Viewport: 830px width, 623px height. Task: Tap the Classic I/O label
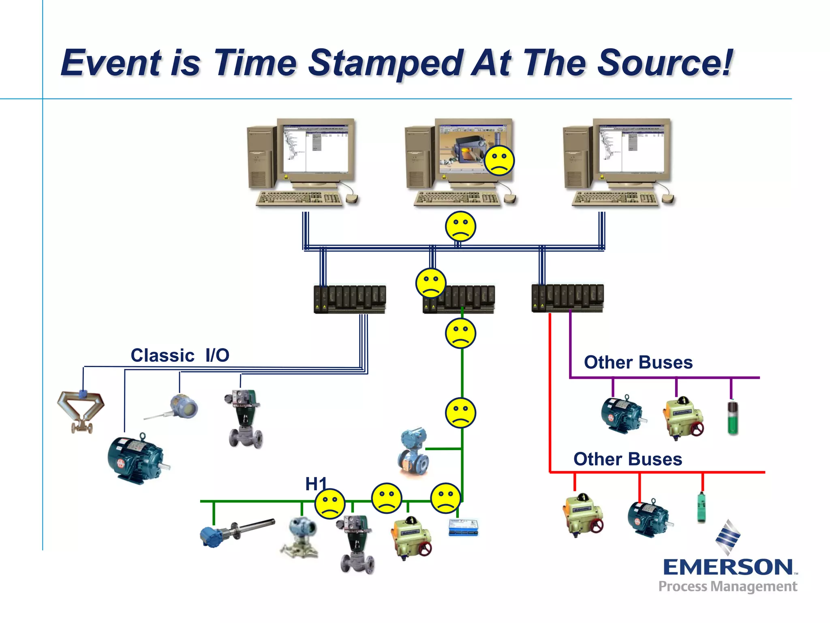(180, 355)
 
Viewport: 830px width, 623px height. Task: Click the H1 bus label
(315, 484)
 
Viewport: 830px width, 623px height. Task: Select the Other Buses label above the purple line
(638, 362)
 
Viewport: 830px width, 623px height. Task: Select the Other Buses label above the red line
(627, 459)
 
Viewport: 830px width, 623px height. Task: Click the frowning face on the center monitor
(499, 160)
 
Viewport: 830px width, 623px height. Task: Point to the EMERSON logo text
(727, 567)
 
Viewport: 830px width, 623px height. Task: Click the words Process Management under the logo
(727, 586)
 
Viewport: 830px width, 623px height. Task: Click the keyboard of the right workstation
(615, 198)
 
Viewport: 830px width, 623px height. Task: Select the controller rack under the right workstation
(567, 298)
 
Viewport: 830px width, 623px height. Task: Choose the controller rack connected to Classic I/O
(350, 299)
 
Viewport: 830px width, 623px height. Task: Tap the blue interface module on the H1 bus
(463, 527)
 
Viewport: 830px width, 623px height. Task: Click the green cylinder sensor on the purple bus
(733, 418)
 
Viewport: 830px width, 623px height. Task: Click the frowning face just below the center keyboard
(460, 226)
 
